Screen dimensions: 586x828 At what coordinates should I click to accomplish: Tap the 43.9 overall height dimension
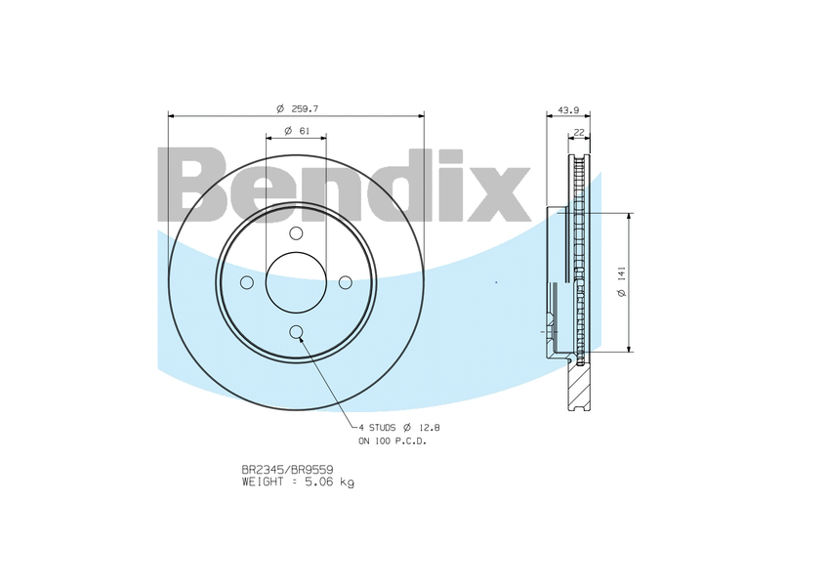pos(568,108)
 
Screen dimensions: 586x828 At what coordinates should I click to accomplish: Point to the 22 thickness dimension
pos(579,131)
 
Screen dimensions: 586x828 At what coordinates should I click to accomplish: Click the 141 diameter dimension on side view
pos(621,282)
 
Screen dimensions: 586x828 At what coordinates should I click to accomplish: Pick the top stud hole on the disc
pos(296,233)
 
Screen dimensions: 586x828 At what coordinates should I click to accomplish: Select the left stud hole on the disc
pos(247,282)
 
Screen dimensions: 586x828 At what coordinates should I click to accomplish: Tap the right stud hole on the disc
pos(345,282)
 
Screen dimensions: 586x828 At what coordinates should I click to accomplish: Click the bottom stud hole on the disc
pos(296,331)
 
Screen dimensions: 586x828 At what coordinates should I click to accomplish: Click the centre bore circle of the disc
pos(296,282)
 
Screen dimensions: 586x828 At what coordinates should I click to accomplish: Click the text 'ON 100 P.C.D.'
pos(392,441)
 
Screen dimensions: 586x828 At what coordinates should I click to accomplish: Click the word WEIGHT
pos(264,481)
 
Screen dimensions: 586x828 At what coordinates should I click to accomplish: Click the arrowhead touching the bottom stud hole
pos(302,338)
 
